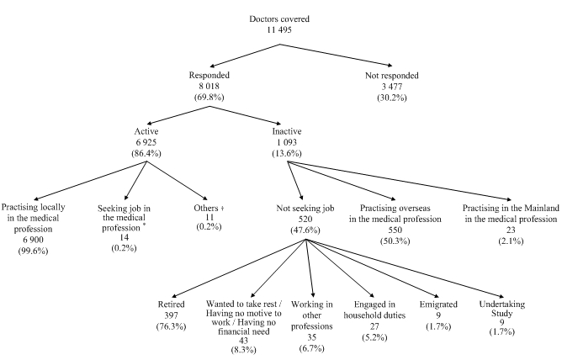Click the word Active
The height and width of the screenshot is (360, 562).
tap(146, 132)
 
